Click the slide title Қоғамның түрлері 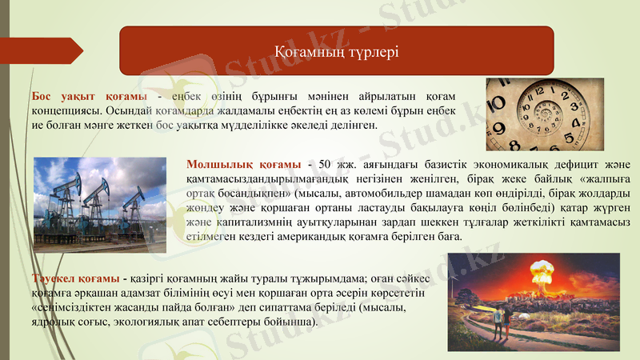[x=336, y=51]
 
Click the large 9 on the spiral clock [x=500, y=126]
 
